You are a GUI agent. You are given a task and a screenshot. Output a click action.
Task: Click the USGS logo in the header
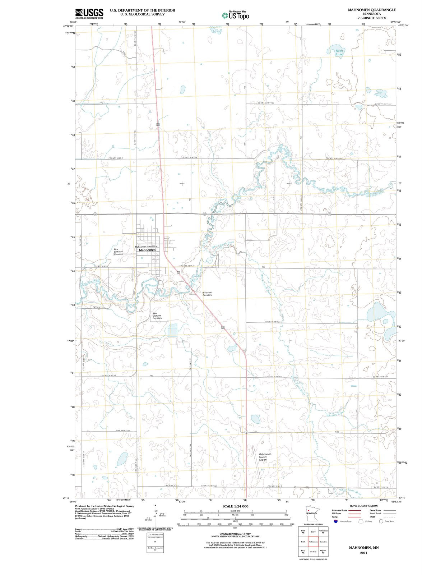point(89,14)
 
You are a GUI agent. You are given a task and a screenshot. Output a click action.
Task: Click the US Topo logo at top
point(235,15)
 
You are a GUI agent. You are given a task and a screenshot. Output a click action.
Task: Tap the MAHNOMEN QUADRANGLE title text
point(372,10)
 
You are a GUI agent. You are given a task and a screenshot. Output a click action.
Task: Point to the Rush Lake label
point(339,52)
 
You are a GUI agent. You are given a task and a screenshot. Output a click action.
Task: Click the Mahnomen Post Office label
point(146,247)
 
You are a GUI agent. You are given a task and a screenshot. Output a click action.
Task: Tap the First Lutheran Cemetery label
point(119,252)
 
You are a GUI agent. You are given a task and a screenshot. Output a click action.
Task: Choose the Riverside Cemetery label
point(207,294)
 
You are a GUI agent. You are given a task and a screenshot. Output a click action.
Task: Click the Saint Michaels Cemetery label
point(157,316)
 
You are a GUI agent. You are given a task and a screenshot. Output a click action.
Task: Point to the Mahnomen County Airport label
point(265,457)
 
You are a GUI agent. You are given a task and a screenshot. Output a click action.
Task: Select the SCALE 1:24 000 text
point(235,506)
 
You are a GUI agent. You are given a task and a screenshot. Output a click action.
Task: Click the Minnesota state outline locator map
point(309,512)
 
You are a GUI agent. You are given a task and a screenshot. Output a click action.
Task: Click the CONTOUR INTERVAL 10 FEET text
point(235,534)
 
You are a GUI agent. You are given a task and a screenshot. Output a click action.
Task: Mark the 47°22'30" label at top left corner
point(68,26)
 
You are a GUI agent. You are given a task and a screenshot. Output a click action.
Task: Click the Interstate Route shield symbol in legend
point(335,521)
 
